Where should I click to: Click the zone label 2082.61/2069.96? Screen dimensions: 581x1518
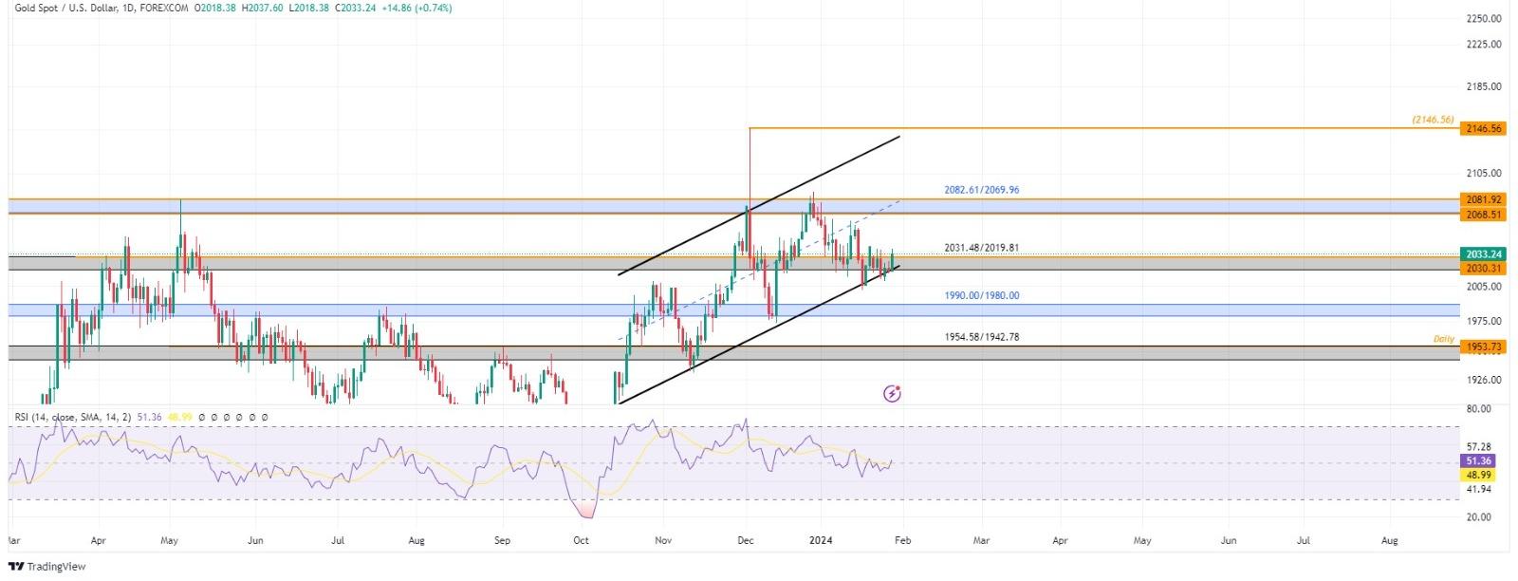tap(981, 190)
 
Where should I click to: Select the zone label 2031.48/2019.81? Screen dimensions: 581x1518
tap(981, 248)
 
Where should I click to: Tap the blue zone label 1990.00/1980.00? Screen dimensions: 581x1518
tap(981, 296)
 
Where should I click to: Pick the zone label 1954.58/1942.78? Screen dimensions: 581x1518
tap(981, 337)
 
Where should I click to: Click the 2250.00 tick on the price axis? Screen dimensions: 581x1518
tap(1483, 18)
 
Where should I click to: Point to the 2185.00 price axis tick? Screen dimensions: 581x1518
tap(1483, 86)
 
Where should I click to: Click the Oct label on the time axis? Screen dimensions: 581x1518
tap(582, 540)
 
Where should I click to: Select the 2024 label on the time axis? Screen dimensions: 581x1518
tap(821, 540)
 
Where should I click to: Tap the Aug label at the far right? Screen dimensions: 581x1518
tap(1390, 540)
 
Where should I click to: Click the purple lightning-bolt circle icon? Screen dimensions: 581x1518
tap(892, 393)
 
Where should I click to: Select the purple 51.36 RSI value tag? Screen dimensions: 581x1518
tap(1479, 460)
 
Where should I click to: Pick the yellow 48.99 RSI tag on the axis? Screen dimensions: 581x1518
tap(1479, 474)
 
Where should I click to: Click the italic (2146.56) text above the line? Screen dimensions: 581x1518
tap(1432, 120)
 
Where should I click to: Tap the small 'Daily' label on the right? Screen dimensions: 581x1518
tap(1443, 339)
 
